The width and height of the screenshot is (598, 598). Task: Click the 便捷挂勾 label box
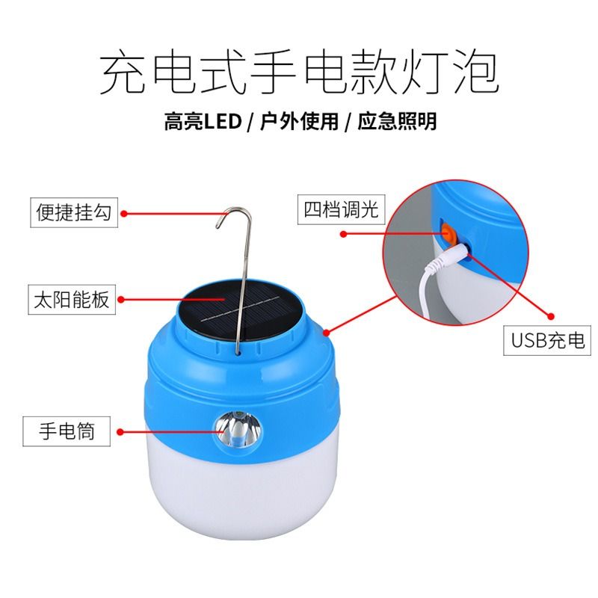point(74,212)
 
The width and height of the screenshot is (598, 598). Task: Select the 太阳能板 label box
point(72,300)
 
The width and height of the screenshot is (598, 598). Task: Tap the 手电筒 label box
point(67,431)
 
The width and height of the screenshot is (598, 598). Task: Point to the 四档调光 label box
point(342,209)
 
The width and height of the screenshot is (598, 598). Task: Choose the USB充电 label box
point(547,340)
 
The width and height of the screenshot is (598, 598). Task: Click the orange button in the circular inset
point(447,232)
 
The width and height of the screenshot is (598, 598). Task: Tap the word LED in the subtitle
point(222,122)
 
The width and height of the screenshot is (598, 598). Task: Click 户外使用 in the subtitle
point(300,122)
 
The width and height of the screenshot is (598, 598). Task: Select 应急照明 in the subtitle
point(397,122)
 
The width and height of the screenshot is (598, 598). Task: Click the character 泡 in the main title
point(476,73)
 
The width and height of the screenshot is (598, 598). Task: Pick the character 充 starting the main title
point(122,73)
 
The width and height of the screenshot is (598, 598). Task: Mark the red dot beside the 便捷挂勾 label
point(123,214)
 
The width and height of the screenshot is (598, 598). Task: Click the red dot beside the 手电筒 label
point(120,432)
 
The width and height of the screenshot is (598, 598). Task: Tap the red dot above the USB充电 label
point(551,316)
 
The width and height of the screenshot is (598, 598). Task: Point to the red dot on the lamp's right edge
point(327,333)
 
